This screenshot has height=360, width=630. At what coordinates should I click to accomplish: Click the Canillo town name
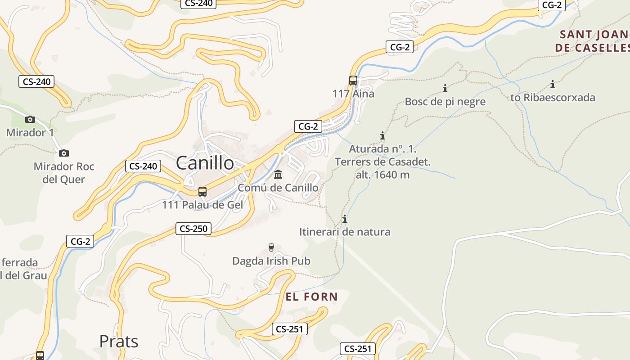(205, 162)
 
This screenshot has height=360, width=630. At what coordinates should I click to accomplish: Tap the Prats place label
(119, 341)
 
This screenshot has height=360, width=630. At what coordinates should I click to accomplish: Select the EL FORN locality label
(311, 297)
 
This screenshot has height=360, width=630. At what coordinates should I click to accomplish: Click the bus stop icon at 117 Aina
(353, 81)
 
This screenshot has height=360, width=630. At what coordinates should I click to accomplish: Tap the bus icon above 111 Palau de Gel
(202, 192)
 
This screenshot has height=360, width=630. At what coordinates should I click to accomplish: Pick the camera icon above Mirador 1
(30, 119)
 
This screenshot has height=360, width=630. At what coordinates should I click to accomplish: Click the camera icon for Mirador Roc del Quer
(64, 153)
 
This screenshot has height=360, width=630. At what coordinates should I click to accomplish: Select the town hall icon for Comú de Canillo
(278, 174)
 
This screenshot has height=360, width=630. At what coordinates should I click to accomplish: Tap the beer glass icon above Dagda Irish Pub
(271, 247)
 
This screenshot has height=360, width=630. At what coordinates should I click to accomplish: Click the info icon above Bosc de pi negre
(445, 88)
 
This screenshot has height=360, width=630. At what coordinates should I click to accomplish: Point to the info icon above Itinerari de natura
(345, 219)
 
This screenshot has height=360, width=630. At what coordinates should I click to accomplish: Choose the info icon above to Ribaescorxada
(553, 84)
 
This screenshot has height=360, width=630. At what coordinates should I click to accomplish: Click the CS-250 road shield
(193, 229)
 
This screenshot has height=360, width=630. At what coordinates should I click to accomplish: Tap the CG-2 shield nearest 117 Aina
(400, 46)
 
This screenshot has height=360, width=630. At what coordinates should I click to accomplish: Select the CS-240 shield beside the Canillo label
(143, 166)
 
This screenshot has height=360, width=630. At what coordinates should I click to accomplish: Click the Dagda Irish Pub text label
(271, 261)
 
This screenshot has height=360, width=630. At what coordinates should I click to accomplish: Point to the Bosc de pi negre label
(445, 102)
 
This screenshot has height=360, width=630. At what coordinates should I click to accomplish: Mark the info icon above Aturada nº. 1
(382, 135)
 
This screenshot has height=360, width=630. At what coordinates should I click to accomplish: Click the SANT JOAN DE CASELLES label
(592, 41)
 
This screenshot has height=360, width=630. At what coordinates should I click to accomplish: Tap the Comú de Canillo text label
(278, 188)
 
